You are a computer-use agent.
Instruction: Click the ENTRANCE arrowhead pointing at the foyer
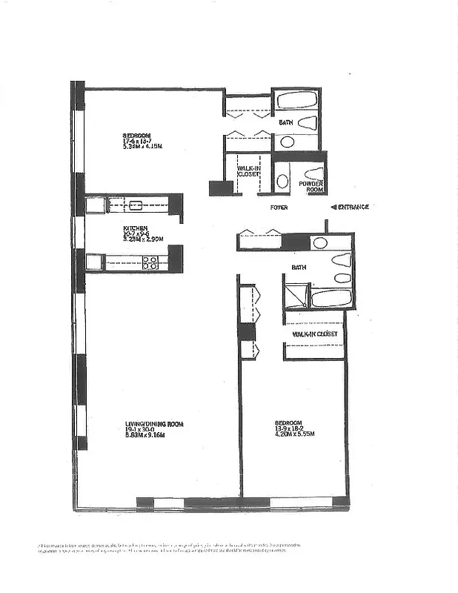(333, 207)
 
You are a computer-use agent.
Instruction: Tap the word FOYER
(279, 208)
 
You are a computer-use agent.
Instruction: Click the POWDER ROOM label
(311, 186)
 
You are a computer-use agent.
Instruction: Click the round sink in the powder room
(282, 180)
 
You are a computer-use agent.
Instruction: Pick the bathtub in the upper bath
(296, 100)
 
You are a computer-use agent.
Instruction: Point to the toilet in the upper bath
(310, 124)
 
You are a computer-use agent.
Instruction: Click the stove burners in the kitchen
(150, 262)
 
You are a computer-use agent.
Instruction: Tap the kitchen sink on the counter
(136, 205)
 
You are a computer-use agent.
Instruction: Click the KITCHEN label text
(136, 228)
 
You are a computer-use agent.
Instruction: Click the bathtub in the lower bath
(330, 298)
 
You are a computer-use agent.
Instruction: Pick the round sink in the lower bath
(319, 242)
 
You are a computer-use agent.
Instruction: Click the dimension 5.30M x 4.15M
(142, 147)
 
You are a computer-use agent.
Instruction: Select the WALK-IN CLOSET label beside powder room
(248, 173)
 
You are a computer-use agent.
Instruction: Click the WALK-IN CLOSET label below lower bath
(315, 334)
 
